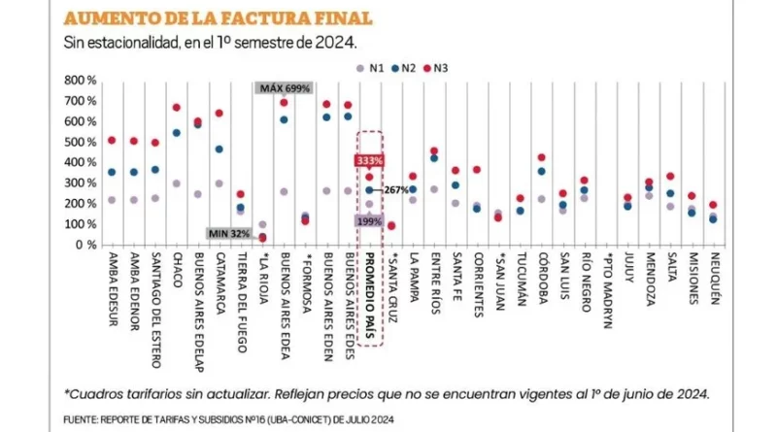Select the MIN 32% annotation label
pyautogui.click(x=229, y=233)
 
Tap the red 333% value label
pyautogui.click(x=369, y=160)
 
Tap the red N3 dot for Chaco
pyautogui.click(x=177, y=108)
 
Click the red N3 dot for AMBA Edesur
pyautogui.click(x=112, y=141)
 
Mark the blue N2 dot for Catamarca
pyautogui.click(x=220, y=150)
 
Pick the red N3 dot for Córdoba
pyautogui.click(x=541, y=157)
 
